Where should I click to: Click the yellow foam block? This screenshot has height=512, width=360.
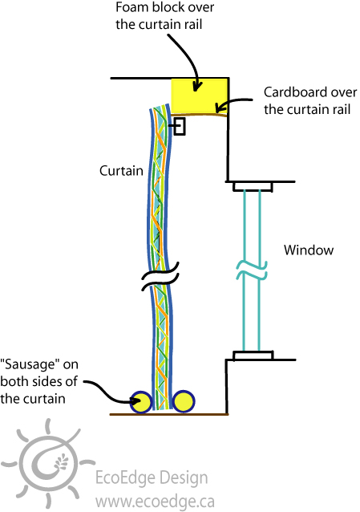[x=200, y=95]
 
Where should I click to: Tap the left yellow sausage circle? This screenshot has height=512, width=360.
[x=141, y=402]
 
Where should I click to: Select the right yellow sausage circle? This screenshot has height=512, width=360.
[x=184, y=401]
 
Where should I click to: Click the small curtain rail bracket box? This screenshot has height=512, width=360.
[x=180, y=126]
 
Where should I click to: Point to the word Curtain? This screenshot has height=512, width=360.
[x=121, y=171]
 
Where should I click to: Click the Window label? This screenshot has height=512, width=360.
[x=309, y=250]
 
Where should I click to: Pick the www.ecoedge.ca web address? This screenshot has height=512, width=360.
[x=155, y=501]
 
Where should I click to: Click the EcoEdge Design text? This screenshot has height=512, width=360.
[x=152, y=477]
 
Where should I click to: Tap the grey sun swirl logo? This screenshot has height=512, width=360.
[x=48, y=463]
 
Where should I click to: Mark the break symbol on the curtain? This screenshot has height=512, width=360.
[x=160, y=276]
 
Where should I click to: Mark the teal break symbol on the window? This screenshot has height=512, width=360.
[x=252, y=270]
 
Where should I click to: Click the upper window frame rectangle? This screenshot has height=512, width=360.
[x=253, y=186]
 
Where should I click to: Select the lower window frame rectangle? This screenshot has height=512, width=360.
[x=253, y=356]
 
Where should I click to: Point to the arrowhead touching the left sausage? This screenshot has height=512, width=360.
[x=136, y=400]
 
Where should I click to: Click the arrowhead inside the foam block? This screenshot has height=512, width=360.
[x=196, y=86]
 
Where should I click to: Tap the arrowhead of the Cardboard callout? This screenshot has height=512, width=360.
[x=220, y=108]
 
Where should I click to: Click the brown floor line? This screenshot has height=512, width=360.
[x=169, y=414]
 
